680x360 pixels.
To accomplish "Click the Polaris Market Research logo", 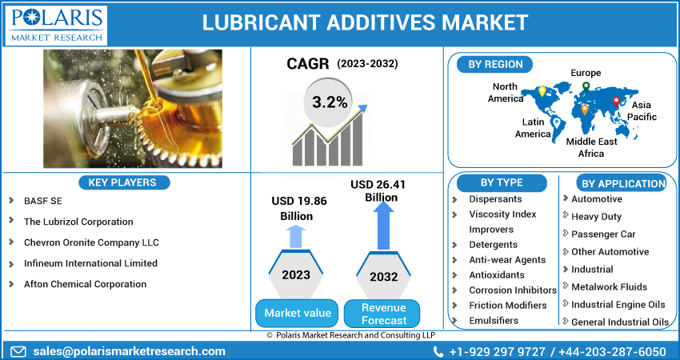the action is (55, 25).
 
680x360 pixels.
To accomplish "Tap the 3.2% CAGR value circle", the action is (330, 102).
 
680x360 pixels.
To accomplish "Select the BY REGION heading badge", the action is (495, 65).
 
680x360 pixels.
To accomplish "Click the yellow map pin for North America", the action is (542, 91).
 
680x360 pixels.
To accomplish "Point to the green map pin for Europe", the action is (586, 86).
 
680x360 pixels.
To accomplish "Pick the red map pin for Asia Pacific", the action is (616, 102).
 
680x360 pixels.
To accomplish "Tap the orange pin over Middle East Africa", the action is (585, 110).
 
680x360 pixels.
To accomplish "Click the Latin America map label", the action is (533, 128).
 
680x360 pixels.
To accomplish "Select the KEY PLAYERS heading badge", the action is (124, 182).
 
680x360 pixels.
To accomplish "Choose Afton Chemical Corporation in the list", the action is (85, 284).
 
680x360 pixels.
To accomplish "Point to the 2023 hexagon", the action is (296, 274).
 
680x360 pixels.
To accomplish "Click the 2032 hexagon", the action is (383, 275).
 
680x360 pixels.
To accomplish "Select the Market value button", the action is (297, 313).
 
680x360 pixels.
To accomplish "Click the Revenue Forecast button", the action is (383, 314).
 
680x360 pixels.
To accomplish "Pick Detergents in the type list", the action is (493, 245).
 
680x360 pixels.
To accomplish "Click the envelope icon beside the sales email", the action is (18, 351).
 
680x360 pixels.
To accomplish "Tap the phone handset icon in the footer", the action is (438, 351).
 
